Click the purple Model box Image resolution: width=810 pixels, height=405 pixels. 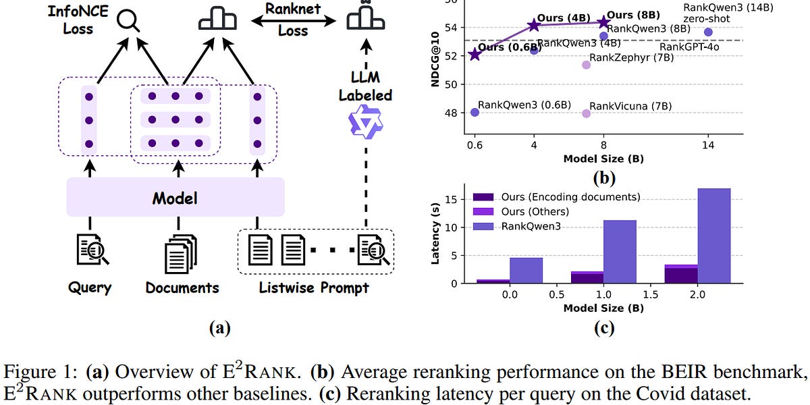(x=175, y=198)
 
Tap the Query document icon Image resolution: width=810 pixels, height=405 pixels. (x=89, y=250)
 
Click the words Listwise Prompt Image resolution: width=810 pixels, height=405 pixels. (x=314, y=288)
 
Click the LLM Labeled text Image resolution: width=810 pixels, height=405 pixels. (x=365, y=86)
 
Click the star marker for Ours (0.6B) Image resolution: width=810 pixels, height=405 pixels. (x=475, y=54)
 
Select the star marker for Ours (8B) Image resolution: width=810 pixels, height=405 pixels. (x=603, y=22)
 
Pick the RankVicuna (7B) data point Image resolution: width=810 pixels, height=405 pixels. (x=586, y=113)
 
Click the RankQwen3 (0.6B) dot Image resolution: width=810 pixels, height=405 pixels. (x=475, y=112)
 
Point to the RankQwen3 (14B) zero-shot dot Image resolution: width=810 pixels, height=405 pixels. (x=708, y=32)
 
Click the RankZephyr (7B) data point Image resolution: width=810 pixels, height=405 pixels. (x=586, y=65)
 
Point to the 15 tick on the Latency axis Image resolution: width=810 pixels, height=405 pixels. (x=452, y=199)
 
